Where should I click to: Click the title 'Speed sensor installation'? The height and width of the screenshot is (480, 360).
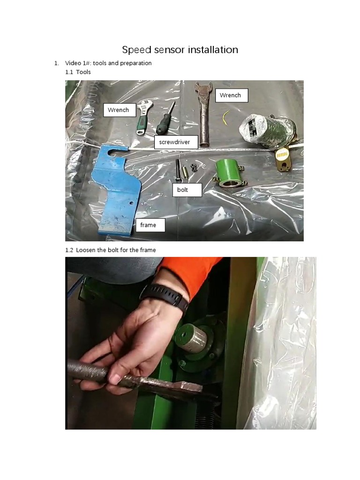pos(180,50)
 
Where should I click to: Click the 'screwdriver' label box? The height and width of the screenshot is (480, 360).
pos(176,142)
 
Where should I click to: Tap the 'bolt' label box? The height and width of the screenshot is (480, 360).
pos(187,190)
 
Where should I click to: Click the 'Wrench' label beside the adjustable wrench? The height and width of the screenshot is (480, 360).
pos(120,110)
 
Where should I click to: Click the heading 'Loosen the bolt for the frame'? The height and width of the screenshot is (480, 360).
pos(111,250)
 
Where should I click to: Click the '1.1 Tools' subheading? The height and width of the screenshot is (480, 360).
pos(78,72)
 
